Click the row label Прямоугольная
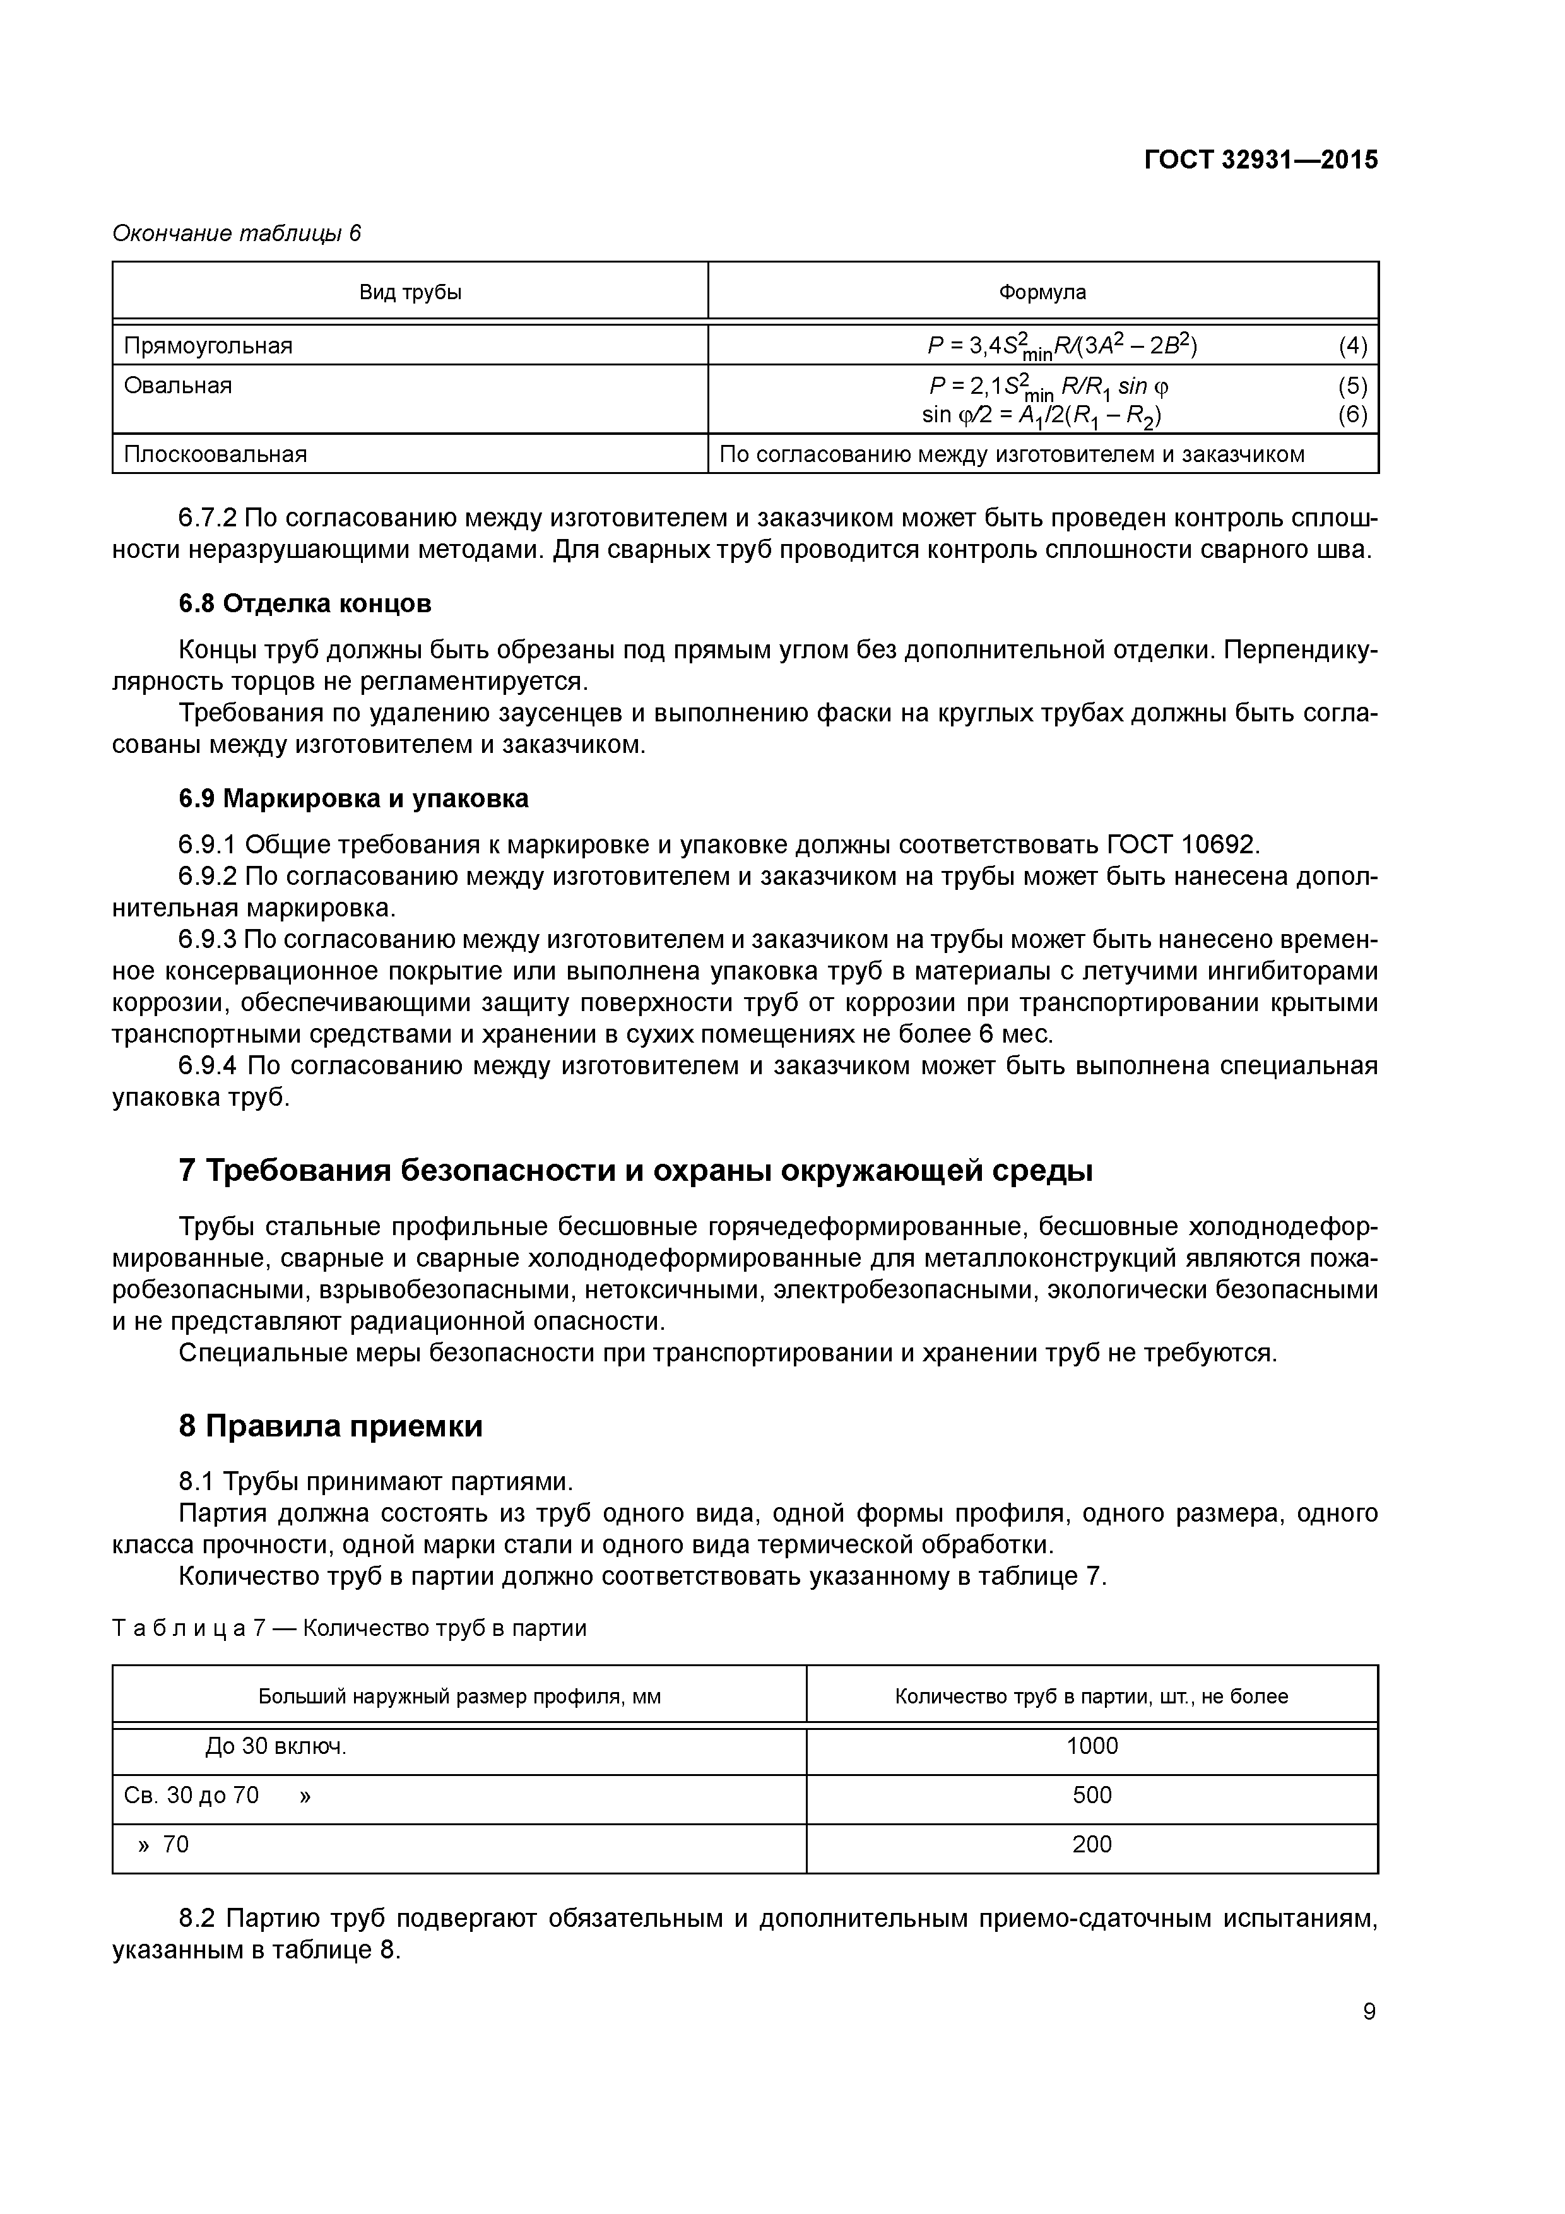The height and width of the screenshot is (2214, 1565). (x=208, y=345)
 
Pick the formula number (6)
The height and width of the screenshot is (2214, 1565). (x=1352, y=415)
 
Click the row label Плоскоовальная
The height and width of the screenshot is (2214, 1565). (x=215, y=454)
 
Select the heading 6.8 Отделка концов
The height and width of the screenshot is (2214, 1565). (x=305, y=603)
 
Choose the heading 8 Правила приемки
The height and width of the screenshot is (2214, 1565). (x=330, y=1425)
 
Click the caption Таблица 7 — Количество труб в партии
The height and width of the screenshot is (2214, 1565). (x=349, y=1628)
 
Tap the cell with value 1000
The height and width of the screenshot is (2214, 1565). (x=1092, y=1746)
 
